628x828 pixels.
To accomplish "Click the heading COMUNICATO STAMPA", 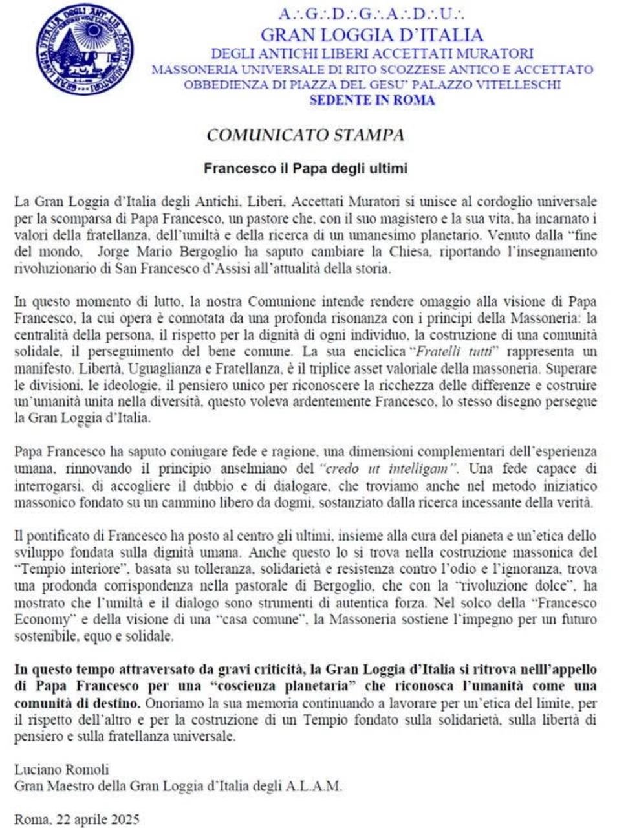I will (x=305, y=135).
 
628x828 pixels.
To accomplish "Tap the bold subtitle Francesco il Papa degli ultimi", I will (x=305, y=169).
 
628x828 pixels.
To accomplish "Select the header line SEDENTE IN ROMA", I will (x=372, y=100).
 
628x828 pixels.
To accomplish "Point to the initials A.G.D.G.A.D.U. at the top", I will (x=371, y=14).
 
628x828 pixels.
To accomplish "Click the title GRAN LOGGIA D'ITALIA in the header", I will (x=371, y=35).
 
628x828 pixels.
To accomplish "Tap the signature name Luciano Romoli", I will (x=61, y=770).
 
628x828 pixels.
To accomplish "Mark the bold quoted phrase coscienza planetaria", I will (x=294, y=686).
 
